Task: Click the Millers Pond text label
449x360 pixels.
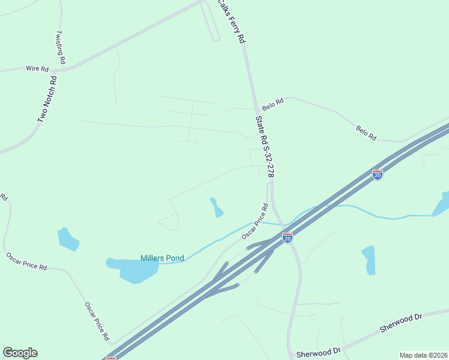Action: [163, 258]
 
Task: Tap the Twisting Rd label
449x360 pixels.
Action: [60, 47]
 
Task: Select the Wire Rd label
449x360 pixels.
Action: [37, 69]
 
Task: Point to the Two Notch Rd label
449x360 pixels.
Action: [47, 99]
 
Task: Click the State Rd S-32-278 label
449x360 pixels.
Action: [265, 146]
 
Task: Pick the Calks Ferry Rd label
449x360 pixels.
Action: [232, 21]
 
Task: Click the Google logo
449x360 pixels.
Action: [20, 353]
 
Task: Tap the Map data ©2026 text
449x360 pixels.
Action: [423, 355]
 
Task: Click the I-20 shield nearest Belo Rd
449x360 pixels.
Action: [377, 175]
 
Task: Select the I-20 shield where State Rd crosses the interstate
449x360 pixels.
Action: [288, 238]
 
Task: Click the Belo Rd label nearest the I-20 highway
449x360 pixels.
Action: [366, 133]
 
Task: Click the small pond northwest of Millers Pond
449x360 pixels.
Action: [68, 239]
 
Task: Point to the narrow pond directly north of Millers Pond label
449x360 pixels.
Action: [216, 207]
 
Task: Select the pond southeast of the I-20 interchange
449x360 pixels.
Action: [369, 260]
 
